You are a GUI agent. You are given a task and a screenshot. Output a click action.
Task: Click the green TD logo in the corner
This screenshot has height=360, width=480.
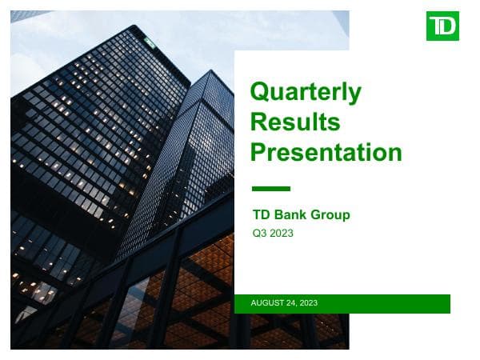pos(442,26)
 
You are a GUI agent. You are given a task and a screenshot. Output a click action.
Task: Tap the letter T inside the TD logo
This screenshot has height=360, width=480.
pos(437,26)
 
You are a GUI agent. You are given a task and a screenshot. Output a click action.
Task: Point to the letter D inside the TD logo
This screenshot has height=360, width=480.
pos(449,26)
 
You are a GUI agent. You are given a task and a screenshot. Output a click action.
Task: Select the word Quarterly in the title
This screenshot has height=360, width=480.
pos(306,94)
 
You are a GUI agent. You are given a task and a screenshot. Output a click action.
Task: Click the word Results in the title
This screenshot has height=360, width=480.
pos(295,122)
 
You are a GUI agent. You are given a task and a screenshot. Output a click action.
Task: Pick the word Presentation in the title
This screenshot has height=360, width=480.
pos(326,151)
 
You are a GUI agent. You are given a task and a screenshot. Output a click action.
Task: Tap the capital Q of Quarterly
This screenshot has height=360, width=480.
pos(261,93)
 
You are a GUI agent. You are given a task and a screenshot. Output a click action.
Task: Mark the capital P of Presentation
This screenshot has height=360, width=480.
pos(259,151)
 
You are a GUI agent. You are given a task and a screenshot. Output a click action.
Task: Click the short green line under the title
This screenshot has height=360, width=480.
pos(270,189)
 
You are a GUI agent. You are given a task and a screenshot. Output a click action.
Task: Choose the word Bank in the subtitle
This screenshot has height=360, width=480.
pos(292,214)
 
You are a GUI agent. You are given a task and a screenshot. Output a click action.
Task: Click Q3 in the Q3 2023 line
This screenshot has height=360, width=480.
pos(258,234)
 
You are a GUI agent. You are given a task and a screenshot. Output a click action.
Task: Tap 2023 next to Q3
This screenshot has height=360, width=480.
pos(281,234)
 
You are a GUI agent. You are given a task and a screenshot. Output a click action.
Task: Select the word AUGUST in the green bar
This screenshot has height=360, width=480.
pos(269,302)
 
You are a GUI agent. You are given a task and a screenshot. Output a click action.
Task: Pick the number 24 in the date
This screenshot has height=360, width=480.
pos(294,302)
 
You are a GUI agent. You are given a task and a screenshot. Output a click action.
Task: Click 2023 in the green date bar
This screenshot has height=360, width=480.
pos(310,302)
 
